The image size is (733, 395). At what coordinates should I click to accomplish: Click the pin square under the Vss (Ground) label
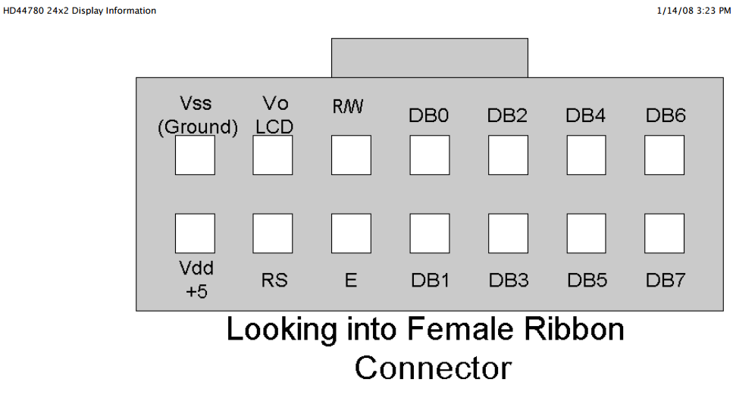pyautogui.click(x=195, y=155)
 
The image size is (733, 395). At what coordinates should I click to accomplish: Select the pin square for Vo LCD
pyautogui.click(x=273, y=155)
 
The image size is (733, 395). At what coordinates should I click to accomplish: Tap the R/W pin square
pyautogui.click(x=351, y=155)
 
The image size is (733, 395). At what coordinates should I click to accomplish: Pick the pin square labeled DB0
pyautogui.click(x=430, y=155)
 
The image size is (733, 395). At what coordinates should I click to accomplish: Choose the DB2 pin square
pyautogui.click(x=508, y=155)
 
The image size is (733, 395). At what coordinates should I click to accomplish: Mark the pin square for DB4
pyautogui.click(x=586, y=155)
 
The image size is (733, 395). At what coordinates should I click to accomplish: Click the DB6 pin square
pyautogui.click(x=664, y=155)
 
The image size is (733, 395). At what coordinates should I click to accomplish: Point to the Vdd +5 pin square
pyautogui.click(x=195, y=234)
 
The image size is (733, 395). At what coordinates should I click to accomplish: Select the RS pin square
pyautogui.click(x=273, y=234)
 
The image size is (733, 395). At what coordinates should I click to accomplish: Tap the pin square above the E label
pyautogui.click(x=351, y=234)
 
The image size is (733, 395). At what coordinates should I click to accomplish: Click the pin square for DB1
pyautogui.click(x=430, y=234)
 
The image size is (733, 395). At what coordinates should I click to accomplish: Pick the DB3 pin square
pyautogui.click(x=508, y=234)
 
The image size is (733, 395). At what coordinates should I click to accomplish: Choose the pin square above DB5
pyautogui.click(x=586, y=234)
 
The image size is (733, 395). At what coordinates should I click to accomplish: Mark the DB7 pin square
pyautogui.click(x=664, y=234)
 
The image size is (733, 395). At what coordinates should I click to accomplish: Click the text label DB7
pyautogui.click(x=666, y=280)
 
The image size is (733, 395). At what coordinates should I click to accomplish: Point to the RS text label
pyautogui.click(x=274, y=280)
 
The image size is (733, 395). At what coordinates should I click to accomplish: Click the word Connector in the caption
pyautogui.click(x=433, y=368)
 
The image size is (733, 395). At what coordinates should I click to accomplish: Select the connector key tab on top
pyautogui.click(x=430, y=58)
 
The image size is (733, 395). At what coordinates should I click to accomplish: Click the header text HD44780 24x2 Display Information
pyautogui.click(x=80, y=11)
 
